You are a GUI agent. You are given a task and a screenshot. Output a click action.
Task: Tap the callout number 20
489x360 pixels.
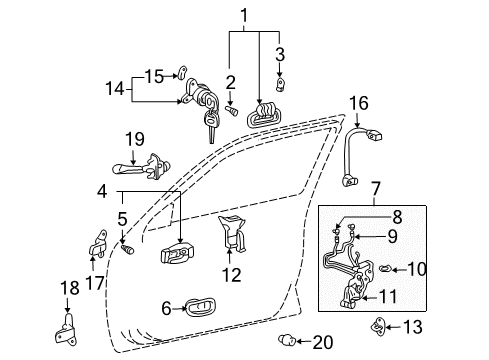pyautogui.click(x=321, y=342)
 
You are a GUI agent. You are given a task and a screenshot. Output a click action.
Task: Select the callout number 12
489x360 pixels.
pyautogui.click(x=231, y=272)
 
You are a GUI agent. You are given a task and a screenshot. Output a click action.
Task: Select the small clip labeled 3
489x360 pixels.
pyautogui.click(x=280, y=82)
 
